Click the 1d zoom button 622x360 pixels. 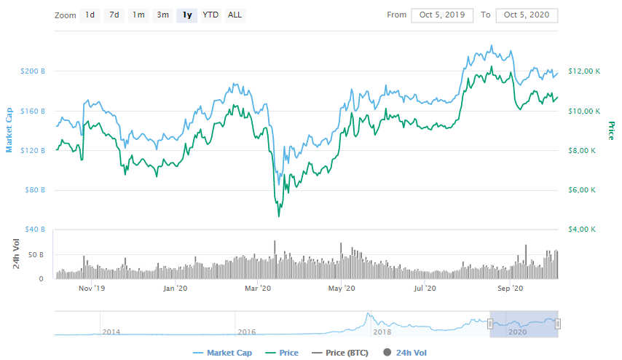(x=90, y=15)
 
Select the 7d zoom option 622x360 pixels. (x=114, y=15)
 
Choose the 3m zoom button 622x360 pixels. (x=163, y=15)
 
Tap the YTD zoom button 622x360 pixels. (x=210, y=15)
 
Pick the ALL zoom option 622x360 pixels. (x=235, y=15)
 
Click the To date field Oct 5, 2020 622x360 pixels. (x=527, y=15)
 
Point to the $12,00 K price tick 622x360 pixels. (x=584, y=71)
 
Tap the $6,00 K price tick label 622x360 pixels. (x=584, y=190)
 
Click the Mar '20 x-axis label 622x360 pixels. (x=258, y=289)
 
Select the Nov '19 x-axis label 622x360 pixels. (x=92, y=289)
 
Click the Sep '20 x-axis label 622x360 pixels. (x=510, y=289)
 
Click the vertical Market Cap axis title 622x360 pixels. (x=9, y=130)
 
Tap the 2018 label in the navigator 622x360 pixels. (x=382, y=332)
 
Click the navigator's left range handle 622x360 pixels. (x=491, y=324)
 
